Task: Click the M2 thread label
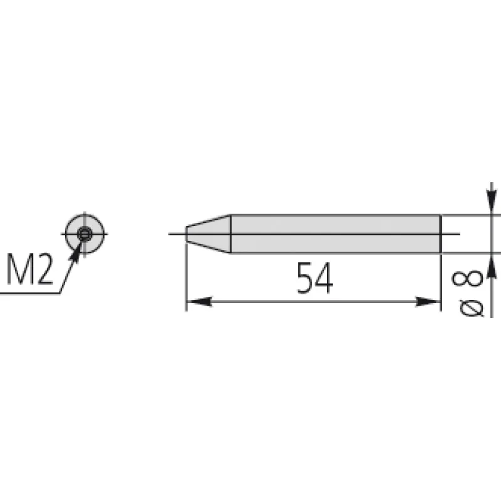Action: click(x=29, y=269)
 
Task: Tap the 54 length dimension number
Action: click(x=315, y=277)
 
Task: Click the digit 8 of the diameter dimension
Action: click(x=467, y=278)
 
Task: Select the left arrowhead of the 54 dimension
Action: click(x=199, y=301)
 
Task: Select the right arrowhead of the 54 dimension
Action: click(x=428, y=301)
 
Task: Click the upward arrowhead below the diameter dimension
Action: click(x=492, y=266)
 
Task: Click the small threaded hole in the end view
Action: click(x=85, y=234)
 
